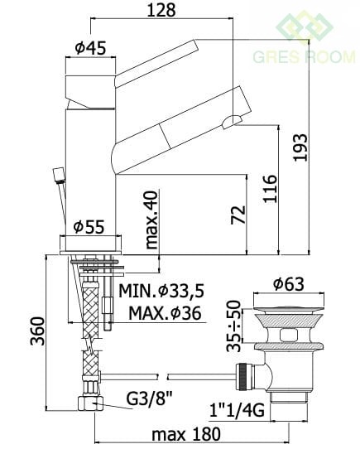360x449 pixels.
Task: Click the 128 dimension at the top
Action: (161, 10)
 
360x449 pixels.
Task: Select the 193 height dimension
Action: (300, 147)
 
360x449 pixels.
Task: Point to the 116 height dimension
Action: (271, 189)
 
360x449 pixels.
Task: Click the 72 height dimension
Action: (238, 215)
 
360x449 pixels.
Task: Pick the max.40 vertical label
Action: (151, 220)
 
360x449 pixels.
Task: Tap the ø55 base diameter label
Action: (89, 227)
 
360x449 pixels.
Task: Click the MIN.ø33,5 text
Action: (161, 292)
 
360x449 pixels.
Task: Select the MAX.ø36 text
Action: (165, 313)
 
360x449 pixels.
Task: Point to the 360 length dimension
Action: (38, 331)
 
